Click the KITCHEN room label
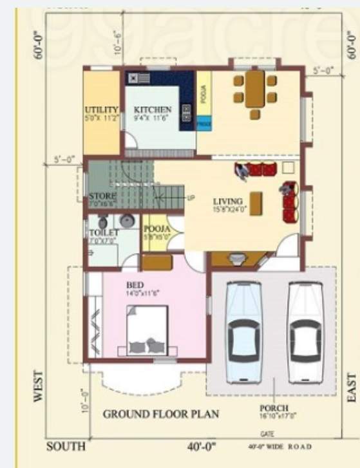[153, 110]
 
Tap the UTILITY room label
[102, 110]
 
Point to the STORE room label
[102, 196]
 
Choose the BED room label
[135, 285]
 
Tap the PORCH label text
[274, 408]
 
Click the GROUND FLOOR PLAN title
[161, 414]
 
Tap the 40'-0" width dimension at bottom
[202, 446]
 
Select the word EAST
[352, 388]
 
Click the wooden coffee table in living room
[256, 204]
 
